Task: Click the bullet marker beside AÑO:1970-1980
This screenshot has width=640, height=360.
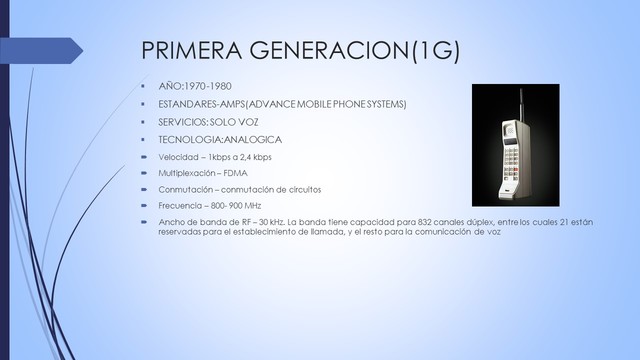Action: coord(144,87)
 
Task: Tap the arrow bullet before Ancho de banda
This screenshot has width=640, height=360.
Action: coord(144,221)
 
